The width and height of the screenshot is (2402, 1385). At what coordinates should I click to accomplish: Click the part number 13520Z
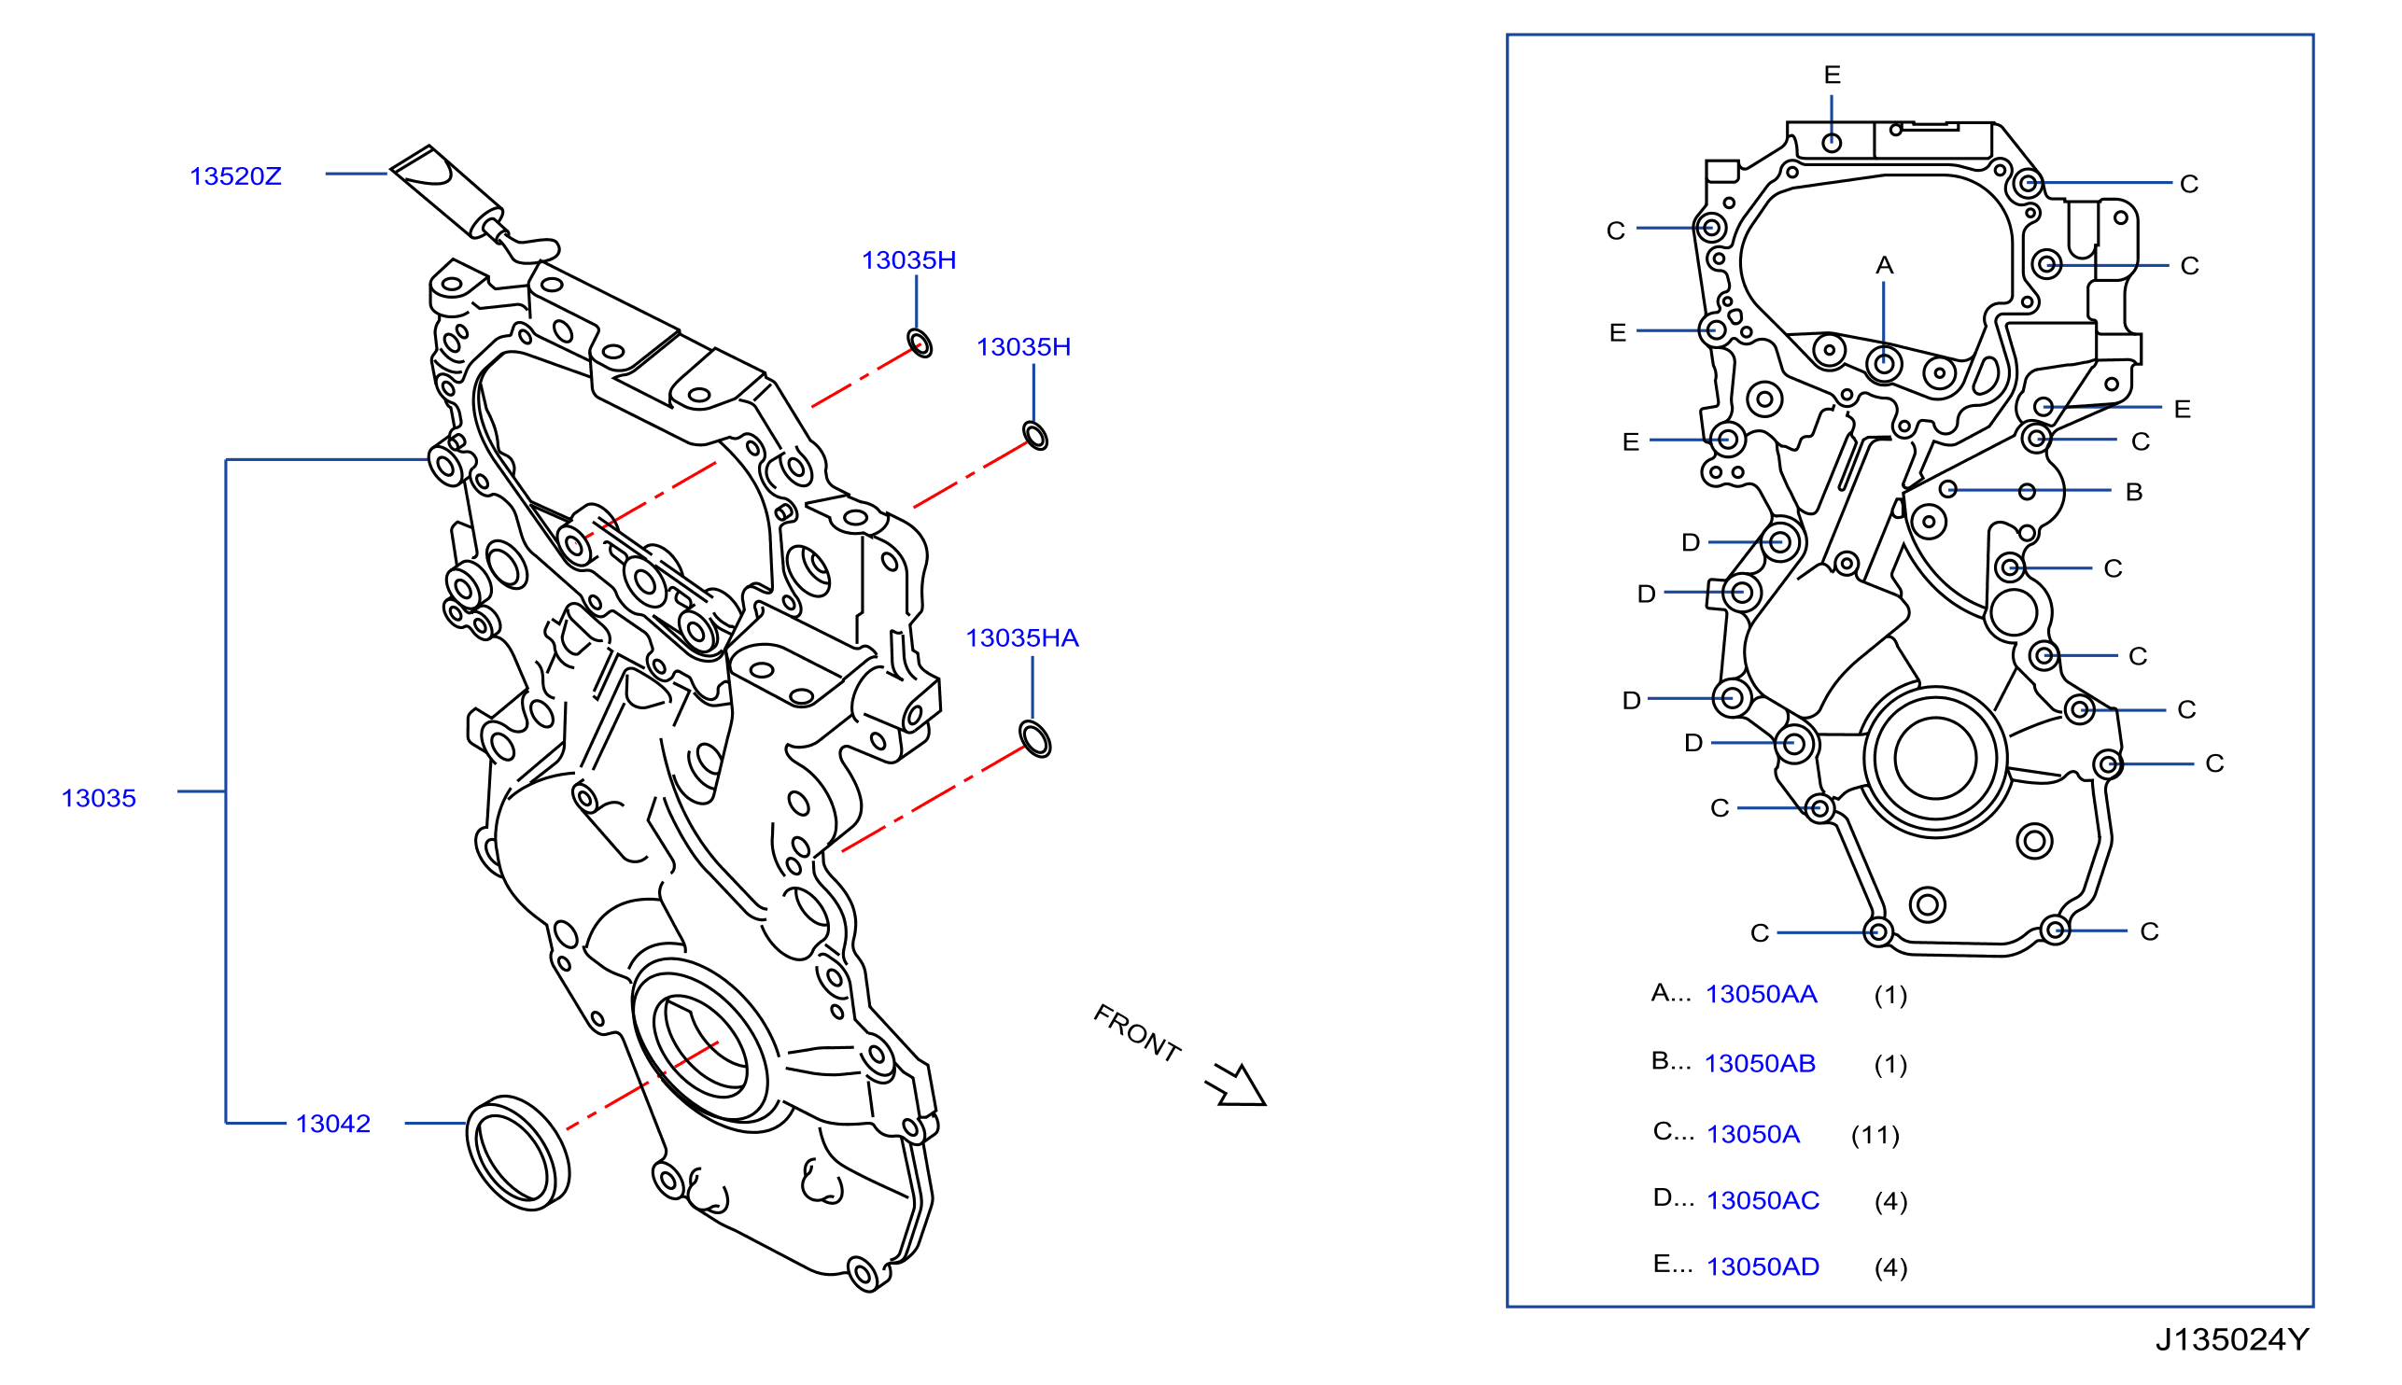(x=235, y=176)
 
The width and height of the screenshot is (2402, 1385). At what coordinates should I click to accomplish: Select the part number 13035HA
(x=1021, y=637)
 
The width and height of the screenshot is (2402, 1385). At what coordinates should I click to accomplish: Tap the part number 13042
(x=332, y=1124)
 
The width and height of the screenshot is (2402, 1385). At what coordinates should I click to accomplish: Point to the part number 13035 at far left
(x=99, y=798)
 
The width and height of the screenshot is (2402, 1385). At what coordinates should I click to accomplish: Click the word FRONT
(x=1137, y=1033)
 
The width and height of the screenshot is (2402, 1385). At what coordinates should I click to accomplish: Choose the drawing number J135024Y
(x=2232, y=1339)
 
